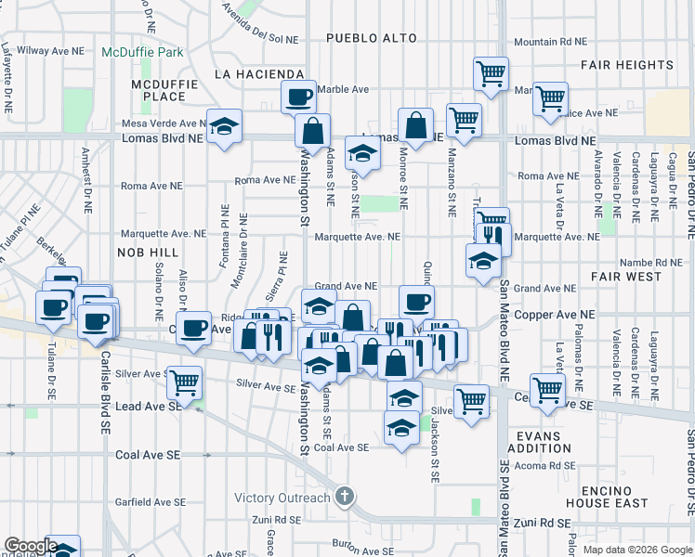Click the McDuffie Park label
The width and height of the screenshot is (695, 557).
click(x=142, y=53)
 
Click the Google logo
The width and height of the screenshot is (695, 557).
click(x=30, y=546)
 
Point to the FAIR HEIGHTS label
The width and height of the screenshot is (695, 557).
click(x=627, y=65)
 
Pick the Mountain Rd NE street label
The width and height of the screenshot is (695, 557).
click(x=551, y=42)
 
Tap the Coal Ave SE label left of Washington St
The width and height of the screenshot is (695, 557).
click(x=148, y=455)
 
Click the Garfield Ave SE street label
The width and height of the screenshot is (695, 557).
click(x=149, y=502)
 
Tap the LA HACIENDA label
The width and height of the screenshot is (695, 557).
click(x=259, y=73)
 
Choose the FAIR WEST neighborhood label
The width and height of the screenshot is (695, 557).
click(x=625, y=277)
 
